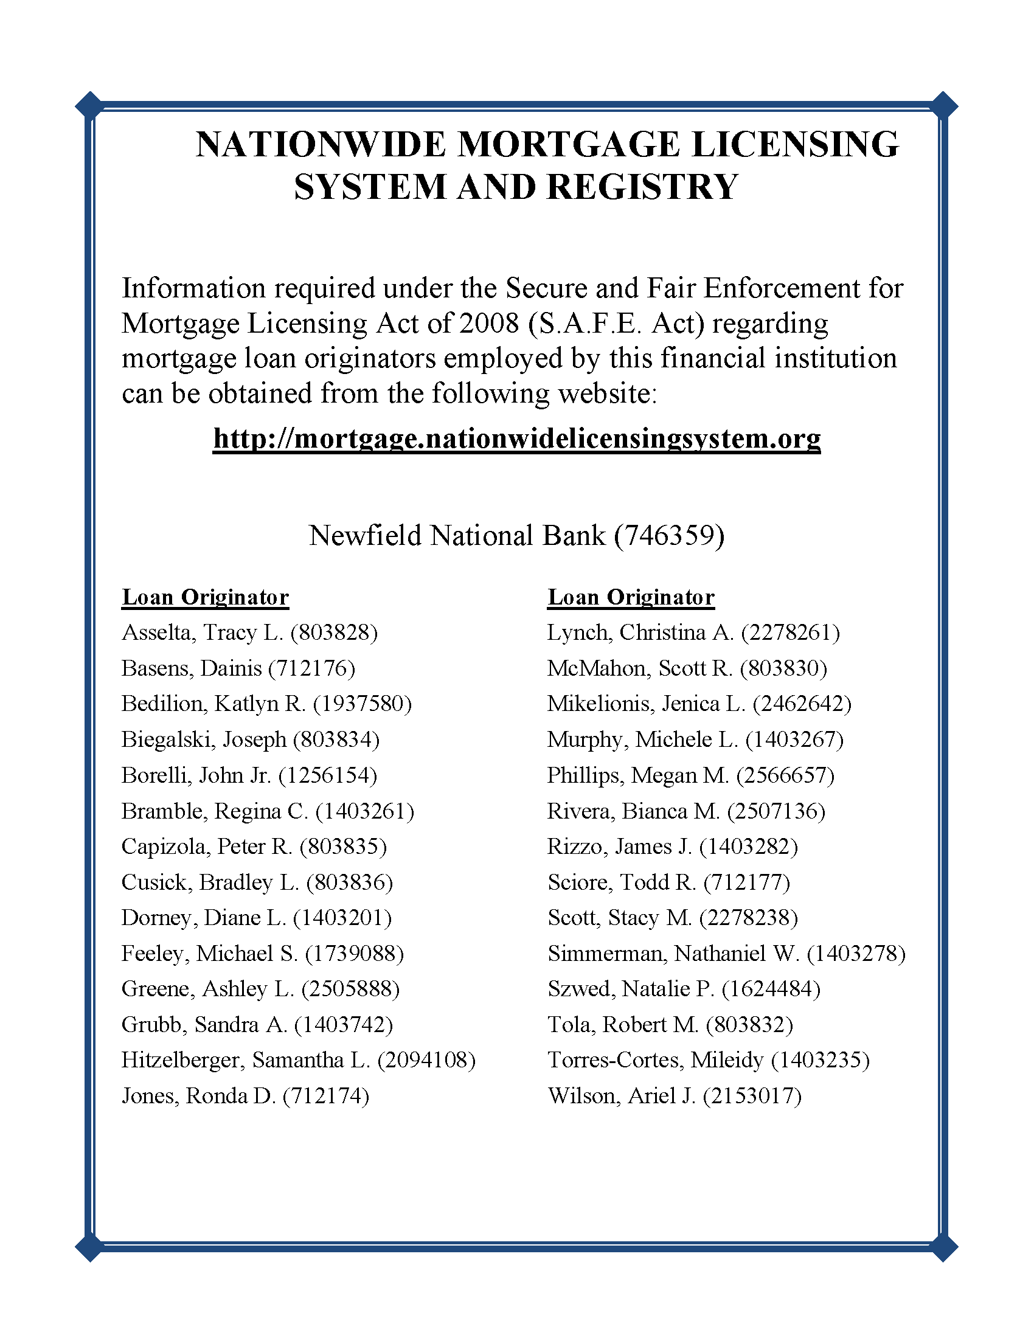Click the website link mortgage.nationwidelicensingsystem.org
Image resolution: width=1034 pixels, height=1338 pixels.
pyautogui.click(x=516, y=438)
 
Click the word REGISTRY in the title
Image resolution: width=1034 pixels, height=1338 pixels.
pyautogui.click(x=642, y=187)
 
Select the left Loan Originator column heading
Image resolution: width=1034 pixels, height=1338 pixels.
pyautogui.click(x=205, y=597)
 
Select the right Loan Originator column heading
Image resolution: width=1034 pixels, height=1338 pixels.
pyautogui.click(x=631, y=597)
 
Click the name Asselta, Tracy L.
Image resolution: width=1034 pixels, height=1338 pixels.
pyautogui.click(x=202, y=633)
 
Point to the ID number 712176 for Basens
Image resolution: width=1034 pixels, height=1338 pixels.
pyautogui.click(x=313, y=668)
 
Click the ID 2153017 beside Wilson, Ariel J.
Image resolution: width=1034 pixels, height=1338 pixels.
pyautogui.click(x=752, y=1096)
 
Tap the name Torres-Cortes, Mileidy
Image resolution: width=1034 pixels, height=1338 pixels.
pyautogui.click(x=656, y=1060)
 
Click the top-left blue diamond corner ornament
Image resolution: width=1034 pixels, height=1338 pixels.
pyautogui.click(x=89, y=106)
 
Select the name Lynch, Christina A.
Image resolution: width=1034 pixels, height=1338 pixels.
pyautogui.click(x=640, y=633)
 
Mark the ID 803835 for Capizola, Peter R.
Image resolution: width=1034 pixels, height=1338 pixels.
pyautogui.click(x=343, y=847)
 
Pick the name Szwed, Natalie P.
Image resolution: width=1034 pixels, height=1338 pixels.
pyautogui.click(x=631, y=989)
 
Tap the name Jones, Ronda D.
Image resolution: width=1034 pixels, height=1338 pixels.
pyautogui.click(x=199, y=1096)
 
